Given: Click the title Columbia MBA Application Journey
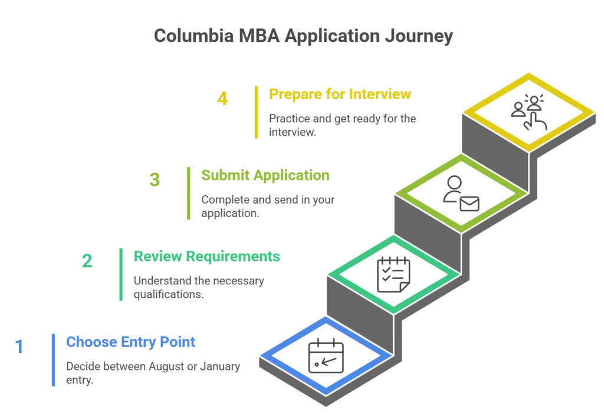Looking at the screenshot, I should pyautogui.click(x=303, y=35).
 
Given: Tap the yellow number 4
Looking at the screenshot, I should pyautogui.click(x=222, y=99).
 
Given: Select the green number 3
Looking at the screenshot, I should pyautogui.click(x=155, y=179).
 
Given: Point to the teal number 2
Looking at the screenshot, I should pyautogui.click(x=87, y=261).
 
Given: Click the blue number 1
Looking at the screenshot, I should pyautogui.click(x=19, y=346).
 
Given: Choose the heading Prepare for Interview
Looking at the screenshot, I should pyautogui.click(x=340, y=94).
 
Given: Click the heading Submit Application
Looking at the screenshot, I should pyautogui.click(x=265, y=175).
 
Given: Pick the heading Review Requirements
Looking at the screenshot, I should pyautogui.click(x=206, y=256).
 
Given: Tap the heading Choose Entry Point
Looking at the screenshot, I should pyautogui.click(x=130, y=342).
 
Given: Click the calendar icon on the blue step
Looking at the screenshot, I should pyautogui.click(x=326, y=356).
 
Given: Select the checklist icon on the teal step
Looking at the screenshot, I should pyautogui.click(x=393, y=274).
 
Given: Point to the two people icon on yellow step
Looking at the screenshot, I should pyautogui.click(x=528, y=112).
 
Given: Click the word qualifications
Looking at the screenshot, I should pyautogui.click(x=169, y=294).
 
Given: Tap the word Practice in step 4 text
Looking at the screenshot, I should pyautogui.click(x=289, y=119).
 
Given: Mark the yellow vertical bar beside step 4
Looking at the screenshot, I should pyautogui.click(x=256, y=112).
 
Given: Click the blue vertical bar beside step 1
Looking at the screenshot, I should pyautogui.click(x=53, y=360).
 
